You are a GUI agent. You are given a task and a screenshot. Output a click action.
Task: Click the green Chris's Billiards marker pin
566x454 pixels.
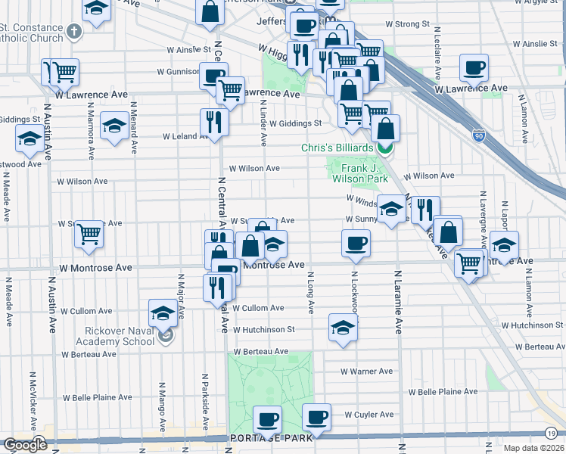[x=386, y=148]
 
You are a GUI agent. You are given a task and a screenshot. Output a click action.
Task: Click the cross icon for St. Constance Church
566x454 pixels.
[x=73, y=32]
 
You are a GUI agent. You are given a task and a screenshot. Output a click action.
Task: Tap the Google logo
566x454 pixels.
[x=25, y=445]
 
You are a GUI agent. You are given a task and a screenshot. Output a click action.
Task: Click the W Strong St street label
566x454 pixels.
[x=407, y=24]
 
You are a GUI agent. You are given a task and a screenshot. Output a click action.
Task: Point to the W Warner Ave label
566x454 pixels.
[x=366, y=372]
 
